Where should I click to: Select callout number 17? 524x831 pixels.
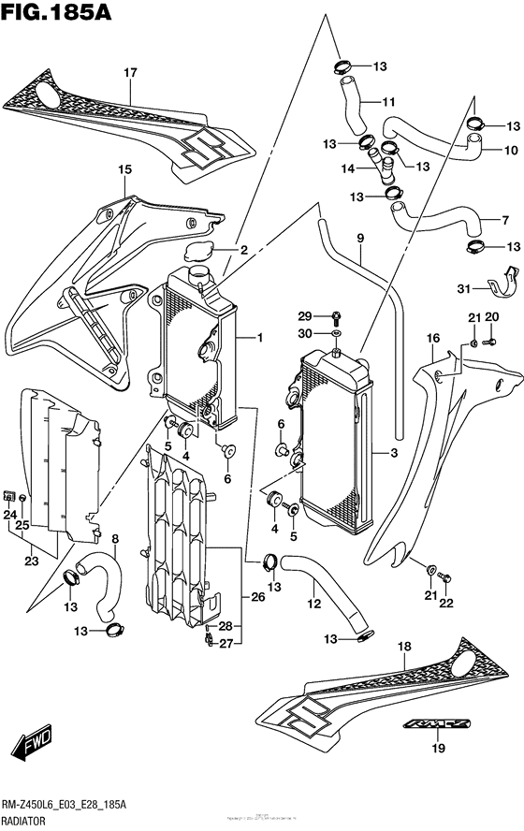click(x=130, y=72)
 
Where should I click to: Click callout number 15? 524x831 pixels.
click(x=124, y=169)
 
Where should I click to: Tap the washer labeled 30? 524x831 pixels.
click(x=334, y=333)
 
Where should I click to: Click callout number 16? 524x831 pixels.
click(x=433, y=338)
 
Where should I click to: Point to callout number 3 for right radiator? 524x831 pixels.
click(x=394, y=453)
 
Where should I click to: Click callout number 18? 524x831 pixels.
click(x=404, y=647)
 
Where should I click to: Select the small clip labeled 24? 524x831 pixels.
click(x=9, y=494)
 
